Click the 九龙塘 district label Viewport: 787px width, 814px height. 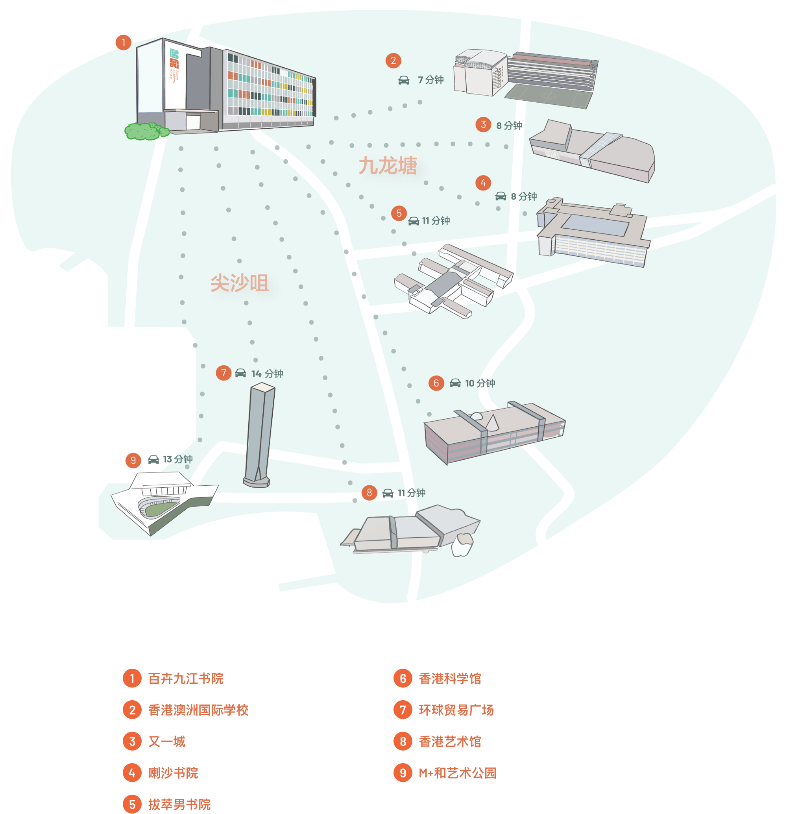(388, 166)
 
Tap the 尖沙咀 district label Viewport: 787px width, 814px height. (240, 283)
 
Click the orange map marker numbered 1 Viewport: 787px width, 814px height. (123, 43)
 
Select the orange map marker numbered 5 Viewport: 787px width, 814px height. (399, 213)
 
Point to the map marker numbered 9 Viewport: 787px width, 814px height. (133, 460)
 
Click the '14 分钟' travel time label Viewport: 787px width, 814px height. (267, 374)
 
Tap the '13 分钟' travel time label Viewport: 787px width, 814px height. (177, 459)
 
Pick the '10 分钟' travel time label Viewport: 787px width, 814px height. (480, 383)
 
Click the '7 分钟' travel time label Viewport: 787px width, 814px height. (430, 80)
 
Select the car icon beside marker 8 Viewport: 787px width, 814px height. (388, 493)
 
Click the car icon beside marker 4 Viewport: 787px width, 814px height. (501, 196)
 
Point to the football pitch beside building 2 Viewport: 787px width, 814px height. (549, 96)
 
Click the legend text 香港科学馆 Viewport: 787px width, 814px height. (450, 679)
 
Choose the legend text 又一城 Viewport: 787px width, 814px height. (167, 741)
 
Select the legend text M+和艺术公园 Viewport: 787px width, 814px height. (457, 773)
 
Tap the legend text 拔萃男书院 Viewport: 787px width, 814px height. (179, 805)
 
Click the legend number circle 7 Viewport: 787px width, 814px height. (403, 710)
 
